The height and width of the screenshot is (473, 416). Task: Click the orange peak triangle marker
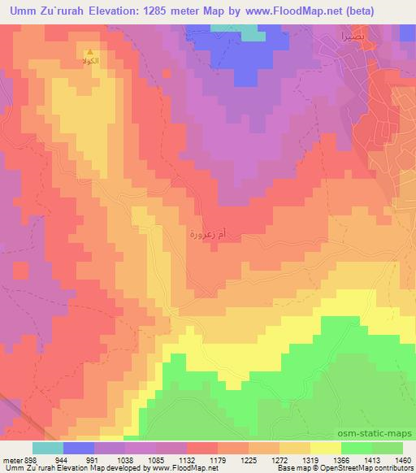pos(90,54)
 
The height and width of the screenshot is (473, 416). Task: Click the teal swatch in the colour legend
pos(48,448)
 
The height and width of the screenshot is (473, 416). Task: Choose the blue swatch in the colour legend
pos(79,448)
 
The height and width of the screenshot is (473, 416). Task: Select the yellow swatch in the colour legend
pos(325,448)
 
